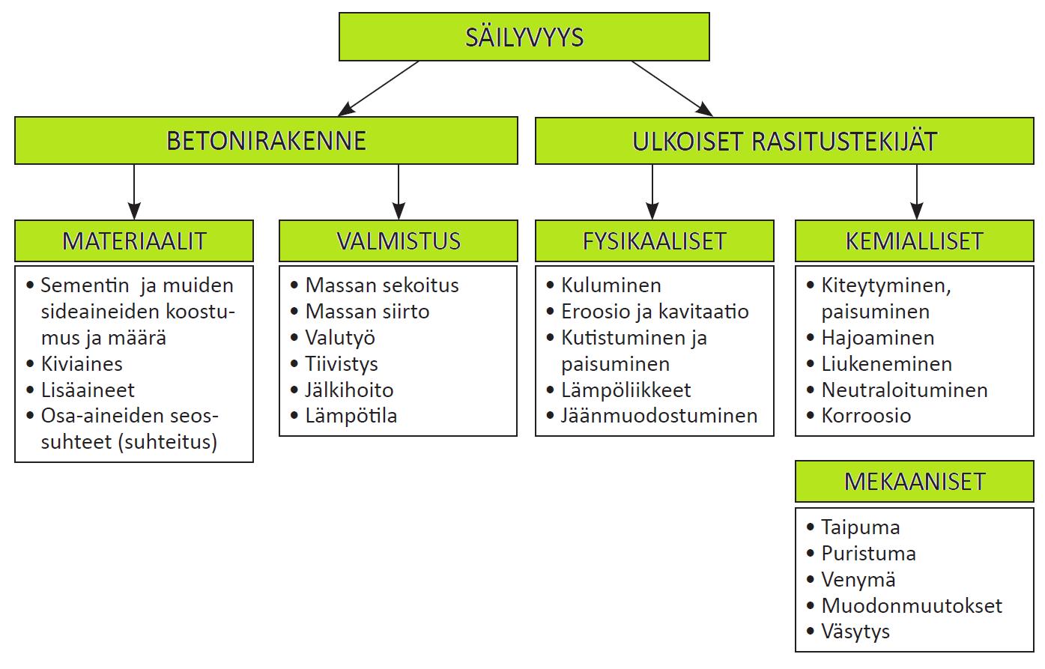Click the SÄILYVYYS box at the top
coord(524,37)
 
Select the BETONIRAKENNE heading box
coord(266,140)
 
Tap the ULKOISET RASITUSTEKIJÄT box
coord(784,141)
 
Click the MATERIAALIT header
coord(134,240)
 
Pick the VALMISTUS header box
coord(399,240)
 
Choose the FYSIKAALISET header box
coord(655,240)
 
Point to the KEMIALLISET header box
coord(915,240)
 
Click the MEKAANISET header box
coord(915,482)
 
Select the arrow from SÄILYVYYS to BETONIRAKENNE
coord(378,88)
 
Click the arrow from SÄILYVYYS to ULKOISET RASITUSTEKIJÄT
coord(672,88)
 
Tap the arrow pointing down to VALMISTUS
coord(399,192)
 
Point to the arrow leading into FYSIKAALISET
coord(652,192)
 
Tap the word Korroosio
coord(866,416)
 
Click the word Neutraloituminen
coord(905,390)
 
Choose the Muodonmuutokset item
coord(912,605)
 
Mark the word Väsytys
coord(855,632)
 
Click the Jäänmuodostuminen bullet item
coord(659,416)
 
